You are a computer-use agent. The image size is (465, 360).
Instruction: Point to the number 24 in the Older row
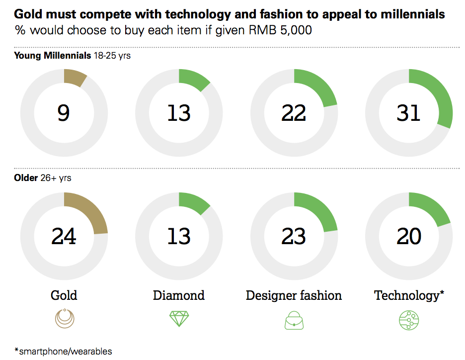[64, 236]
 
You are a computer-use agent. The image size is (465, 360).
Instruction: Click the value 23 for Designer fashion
[294, 236]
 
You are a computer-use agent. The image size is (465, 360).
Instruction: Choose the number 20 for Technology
[408, 236]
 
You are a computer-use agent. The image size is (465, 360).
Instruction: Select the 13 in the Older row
[179, 236]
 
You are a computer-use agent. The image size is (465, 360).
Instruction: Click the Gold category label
[64, 295]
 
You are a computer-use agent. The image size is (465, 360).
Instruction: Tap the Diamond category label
[179, 295]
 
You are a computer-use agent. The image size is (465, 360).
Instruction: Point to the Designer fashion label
[294, 295]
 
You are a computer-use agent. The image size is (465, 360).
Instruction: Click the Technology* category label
[408, 295]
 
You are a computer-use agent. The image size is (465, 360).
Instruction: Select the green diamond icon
[179, 319]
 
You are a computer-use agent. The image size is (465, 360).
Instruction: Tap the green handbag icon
[294, 320]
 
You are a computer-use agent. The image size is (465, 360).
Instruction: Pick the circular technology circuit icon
[408, 319]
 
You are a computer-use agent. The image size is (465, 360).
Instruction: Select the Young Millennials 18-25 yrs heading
[72, 55]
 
